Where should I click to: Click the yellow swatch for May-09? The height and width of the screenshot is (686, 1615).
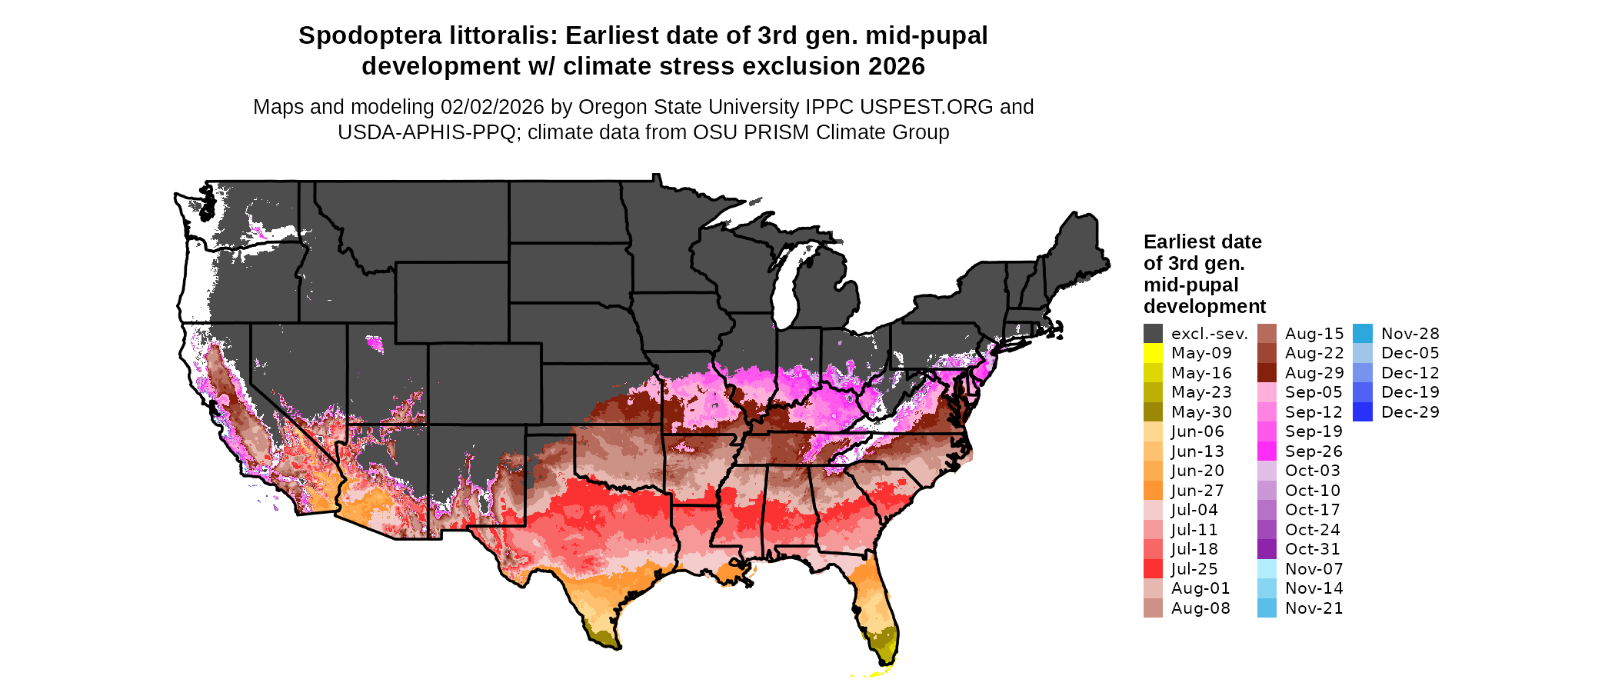(1153, 353)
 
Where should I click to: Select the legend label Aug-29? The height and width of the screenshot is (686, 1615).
(1314, 373)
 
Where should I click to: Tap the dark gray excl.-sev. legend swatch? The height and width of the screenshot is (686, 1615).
(1153, 334)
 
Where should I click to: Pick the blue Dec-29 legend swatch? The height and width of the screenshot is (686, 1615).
(1362, 412)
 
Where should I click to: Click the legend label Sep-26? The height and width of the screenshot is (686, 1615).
(1314, 451)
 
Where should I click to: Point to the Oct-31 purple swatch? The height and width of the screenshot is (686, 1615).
(1267, 549)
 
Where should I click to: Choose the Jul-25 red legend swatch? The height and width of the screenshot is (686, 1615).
(1153, 569)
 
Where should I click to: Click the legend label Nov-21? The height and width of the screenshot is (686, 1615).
(1314, 608)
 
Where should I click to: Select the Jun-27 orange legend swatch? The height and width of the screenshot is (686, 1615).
(1153, 491)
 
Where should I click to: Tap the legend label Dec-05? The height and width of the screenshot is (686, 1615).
(1410, 353)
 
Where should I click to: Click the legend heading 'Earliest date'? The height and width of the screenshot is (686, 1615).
(1202, 241)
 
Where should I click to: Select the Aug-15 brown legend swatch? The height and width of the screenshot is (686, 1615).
(1267, 334)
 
